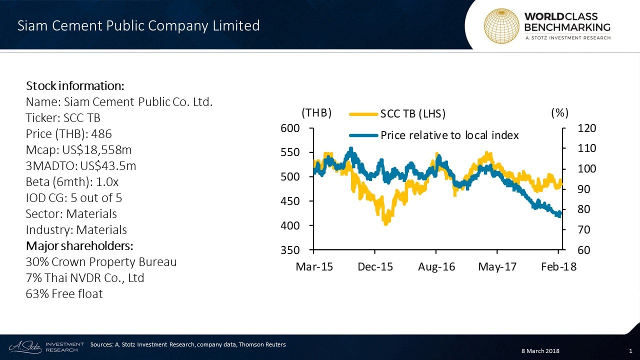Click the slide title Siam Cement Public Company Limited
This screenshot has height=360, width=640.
click(x=138, y=25)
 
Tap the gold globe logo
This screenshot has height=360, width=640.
click(x=500, y=25)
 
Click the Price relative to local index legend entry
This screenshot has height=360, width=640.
click(x=434, y=135)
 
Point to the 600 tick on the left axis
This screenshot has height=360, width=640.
click(x=290, y=128)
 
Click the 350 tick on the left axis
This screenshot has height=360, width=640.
click(x=290, y=250)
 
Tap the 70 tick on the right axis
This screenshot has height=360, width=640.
click(x=584, y=230)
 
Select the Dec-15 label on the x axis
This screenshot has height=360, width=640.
click(x=375, y=267)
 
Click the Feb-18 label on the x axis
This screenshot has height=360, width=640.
click(x=558, y=267)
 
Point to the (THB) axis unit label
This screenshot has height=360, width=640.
click(x=317, y=113)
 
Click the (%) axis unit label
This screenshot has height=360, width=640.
click(x=560, y=113)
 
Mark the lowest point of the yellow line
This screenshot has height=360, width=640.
click(x=385, y=224)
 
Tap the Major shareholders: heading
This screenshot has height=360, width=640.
click(x=79, y=246)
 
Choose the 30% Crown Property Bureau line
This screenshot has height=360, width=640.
click(x=101, y=262)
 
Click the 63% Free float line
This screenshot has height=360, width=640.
click(x=64, y=294)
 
